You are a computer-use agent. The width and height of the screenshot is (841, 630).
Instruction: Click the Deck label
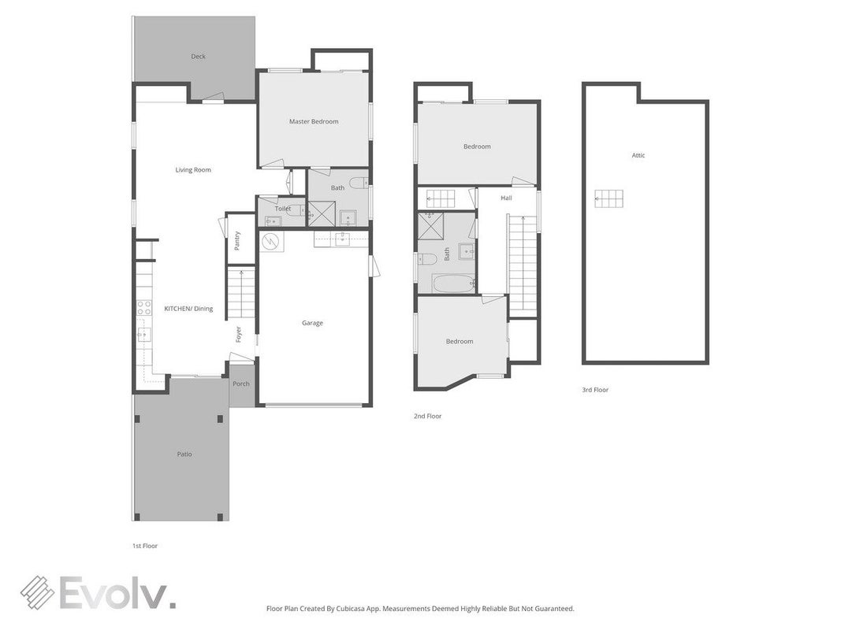(x=198, y=56)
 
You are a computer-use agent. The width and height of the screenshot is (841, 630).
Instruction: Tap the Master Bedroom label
(x=314, y=121)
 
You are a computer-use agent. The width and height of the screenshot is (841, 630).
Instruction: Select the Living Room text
(x=193, y=170)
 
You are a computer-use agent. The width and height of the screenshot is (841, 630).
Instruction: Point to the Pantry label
(x=237, y=240)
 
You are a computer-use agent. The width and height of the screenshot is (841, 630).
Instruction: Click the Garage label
(x=312, y=323)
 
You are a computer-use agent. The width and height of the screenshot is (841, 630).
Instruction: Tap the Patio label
(x=184, y=454)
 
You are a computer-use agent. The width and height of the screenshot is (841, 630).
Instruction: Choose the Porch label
(x=241, y=384)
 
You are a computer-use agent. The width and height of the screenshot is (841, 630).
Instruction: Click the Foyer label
(x=239, y=334)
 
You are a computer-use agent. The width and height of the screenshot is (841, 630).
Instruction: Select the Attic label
(x=638, y=155)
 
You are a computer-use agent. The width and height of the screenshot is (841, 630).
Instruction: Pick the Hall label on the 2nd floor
(x=506, y=198)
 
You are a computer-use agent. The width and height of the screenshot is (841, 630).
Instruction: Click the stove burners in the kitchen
(x=143, y=307)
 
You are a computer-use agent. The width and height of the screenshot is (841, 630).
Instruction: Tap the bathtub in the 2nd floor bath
(x=453, y=283)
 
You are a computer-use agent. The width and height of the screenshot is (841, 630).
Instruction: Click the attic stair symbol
(x=608, y=198)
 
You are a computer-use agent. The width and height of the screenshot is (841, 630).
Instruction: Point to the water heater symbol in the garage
(x=271, y=241)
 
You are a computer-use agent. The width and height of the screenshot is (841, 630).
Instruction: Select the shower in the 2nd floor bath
(x=430, y=224)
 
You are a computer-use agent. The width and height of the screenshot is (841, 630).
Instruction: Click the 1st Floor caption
(x=145, y=546)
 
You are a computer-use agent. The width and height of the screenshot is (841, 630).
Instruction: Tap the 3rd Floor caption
(x=595, y=390)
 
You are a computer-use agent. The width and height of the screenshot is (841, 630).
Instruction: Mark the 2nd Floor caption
(x=427, y=416)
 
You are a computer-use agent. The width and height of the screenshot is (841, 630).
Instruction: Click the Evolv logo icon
(x=38, y=592)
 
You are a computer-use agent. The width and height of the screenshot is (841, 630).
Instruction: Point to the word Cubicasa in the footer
(x=352, y=609)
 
